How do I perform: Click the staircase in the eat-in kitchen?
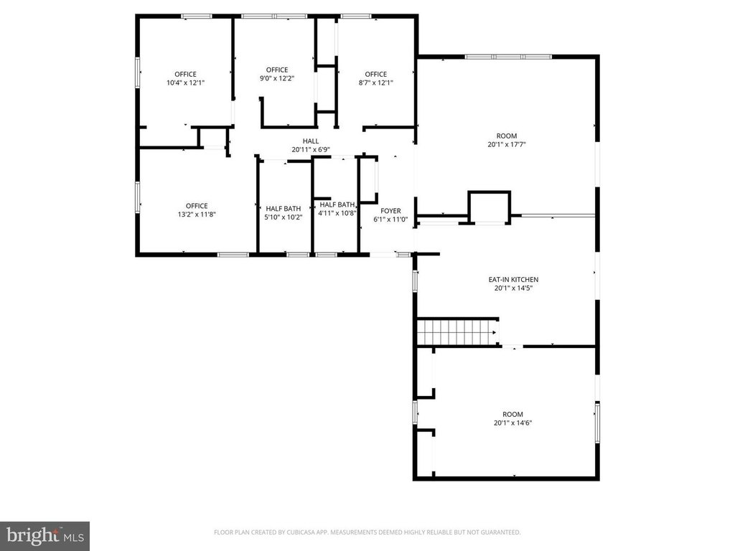(457, 331)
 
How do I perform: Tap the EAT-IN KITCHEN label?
(513, 280)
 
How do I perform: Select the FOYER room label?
(390, 211)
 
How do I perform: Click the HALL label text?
(311, 141)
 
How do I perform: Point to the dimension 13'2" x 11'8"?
(197, 215)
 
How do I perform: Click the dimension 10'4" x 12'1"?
(186, 83)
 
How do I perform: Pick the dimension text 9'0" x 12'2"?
(277, 79)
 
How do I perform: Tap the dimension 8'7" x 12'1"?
(376, 83)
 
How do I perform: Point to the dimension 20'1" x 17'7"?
(507, 145)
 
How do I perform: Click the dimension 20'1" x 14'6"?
(512, 423)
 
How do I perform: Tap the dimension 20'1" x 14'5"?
(513, 288)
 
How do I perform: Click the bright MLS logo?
(45, 536)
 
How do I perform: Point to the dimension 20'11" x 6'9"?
(311, 150)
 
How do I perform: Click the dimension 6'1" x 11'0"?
(390, 220)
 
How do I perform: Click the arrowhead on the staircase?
(494, 332)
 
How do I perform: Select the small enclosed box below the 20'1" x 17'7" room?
(490, 207)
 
